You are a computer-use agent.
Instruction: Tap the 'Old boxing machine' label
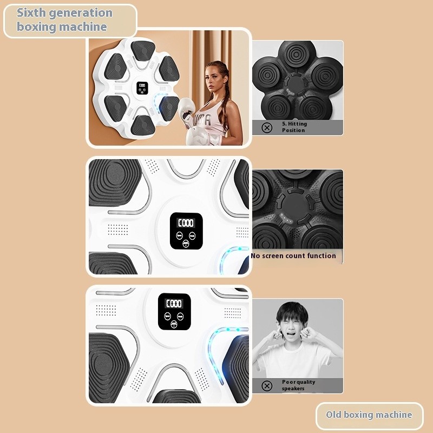[x=369, y=415]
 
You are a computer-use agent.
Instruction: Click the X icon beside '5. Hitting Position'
[x=266, y=128]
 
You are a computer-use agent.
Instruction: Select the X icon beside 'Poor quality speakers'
[x=266, y=385]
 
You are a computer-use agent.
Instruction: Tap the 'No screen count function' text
[x=293, y=255]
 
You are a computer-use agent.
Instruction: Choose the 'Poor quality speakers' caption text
[x=298, y=385]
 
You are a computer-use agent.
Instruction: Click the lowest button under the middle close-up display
[x=186, y=244]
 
